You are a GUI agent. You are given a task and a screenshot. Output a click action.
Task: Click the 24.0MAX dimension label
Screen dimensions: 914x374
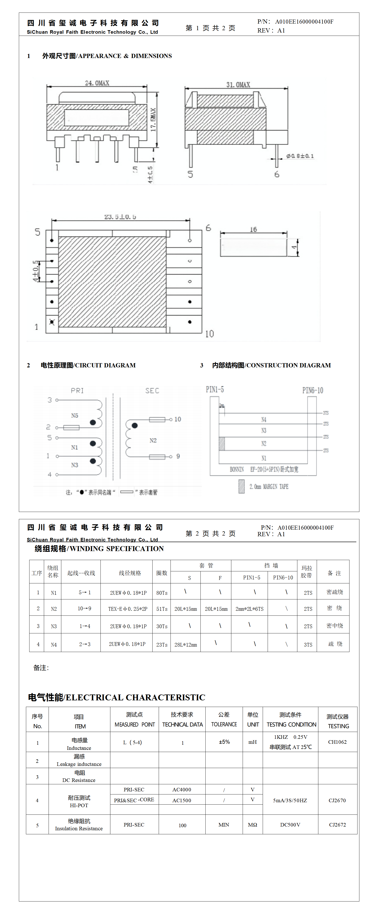coord(97,83)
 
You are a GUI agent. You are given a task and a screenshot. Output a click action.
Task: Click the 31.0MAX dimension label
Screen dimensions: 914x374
coord(238,85)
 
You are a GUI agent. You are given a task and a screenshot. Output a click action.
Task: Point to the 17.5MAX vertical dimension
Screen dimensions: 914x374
coord(153,120)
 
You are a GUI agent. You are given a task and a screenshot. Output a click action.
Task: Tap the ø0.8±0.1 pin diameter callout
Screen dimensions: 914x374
coord(300,156)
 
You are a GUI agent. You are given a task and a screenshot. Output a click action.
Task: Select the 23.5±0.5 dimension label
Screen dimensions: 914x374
coord(120,216)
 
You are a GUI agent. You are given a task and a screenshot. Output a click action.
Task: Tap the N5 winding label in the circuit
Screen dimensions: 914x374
coord(75,415)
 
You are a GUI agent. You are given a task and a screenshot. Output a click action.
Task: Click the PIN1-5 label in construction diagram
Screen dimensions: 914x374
coord(215,390)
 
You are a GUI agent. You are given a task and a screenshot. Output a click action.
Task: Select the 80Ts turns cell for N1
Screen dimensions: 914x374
coord(162,593)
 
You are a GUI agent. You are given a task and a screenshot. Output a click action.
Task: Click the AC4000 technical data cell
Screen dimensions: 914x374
coord(182,789)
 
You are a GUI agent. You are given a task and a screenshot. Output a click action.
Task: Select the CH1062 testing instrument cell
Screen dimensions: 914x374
coord(337,742)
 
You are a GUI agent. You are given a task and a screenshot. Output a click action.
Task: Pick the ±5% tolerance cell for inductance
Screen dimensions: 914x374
coord(224,742)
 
